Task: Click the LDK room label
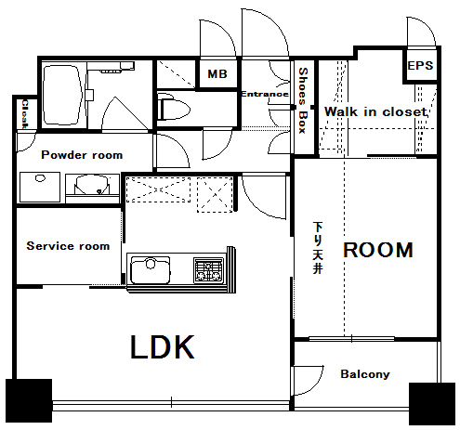[x=162, y=347]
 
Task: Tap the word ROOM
[x=377, y=250]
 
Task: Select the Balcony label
[x=365, y=375]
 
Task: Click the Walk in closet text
[x=375, y=111]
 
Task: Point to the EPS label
[x=420, y=67]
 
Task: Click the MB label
[x=217, y=73]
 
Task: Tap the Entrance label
[x=265, y=94]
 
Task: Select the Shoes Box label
[x=303, y=100]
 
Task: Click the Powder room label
[x=81, y=155]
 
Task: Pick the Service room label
[x=68, y=246]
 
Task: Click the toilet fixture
[x=173, y=110]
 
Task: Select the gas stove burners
[x=207, y=271]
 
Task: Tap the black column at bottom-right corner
[x=431, y=402]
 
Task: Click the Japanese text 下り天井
[x=317, y=248]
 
